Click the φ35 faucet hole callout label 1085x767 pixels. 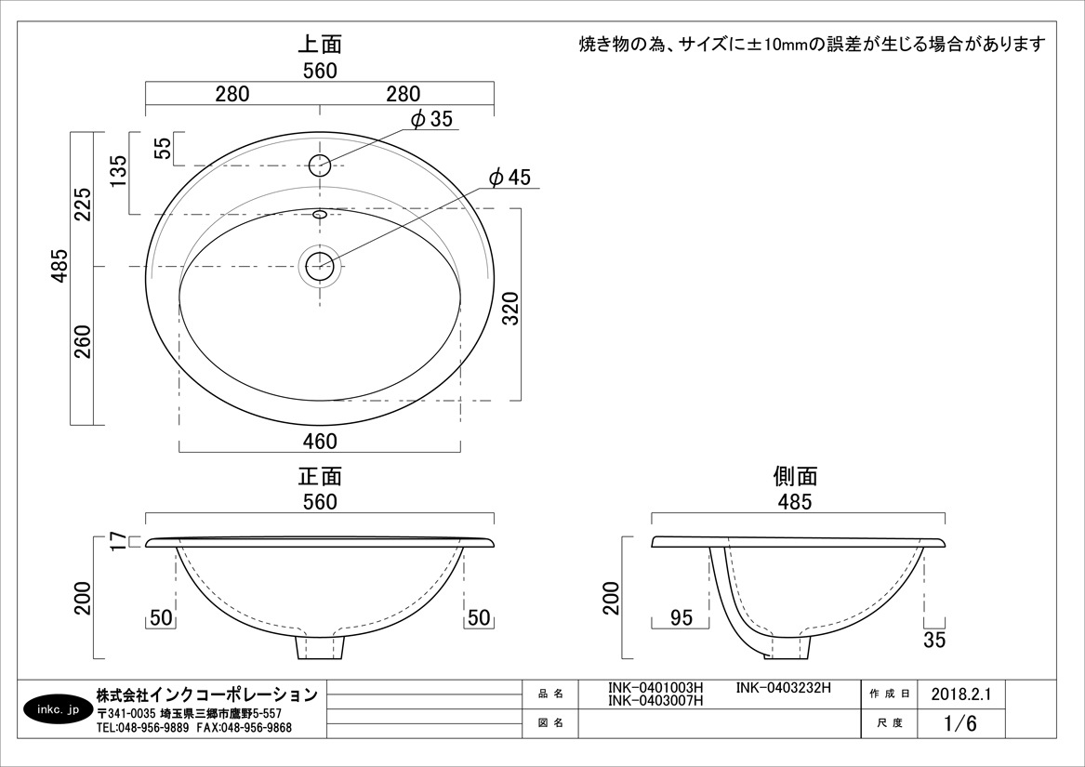pos(431,119)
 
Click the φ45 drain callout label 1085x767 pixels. pos(510,178)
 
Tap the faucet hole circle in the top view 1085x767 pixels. pos(320,165)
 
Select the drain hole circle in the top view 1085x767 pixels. pos(320,267)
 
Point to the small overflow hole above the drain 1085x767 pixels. pos(320,215)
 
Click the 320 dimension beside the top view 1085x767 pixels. pos(510,309)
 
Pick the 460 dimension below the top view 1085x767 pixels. pos(320,441)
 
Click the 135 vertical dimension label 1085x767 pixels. pos(118,172)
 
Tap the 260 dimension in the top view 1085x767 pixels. pos(83,341)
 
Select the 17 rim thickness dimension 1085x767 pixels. pos(118,541)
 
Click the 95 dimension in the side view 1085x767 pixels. pos(681,617)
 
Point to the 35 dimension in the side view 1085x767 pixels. pos(934,640)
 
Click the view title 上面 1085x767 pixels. pos(320,45)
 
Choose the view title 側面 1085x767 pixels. pos(795,476)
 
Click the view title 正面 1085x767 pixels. pos(320,476)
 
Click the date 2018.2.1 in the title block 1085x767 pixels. pos(961,694)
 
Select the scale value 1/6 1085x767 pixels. pos(960,723)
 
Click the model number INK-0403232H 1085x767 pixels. pos(784,688)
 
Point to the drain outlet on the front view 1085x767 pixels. pos(320,647)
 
